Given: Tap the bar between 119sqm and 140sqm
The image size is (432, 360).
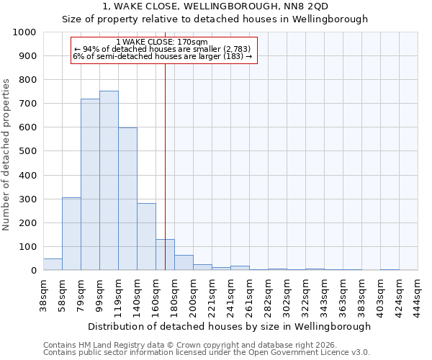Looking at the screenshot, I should (127, 199).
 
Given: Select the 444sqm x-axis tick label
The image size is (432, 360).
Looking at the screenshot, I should (418, 293).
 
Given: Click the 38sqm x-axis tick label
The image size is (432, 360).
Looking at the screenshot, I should (43, 293).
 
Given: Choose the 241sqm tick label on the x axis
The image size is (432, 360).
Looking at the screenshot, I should (230, 293).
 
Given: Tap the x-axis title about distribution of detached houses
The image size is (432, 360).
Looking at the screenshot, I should (230, 326).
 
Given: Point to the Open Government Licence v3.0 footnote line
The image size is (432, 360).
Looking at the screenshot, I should (207, 352).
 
